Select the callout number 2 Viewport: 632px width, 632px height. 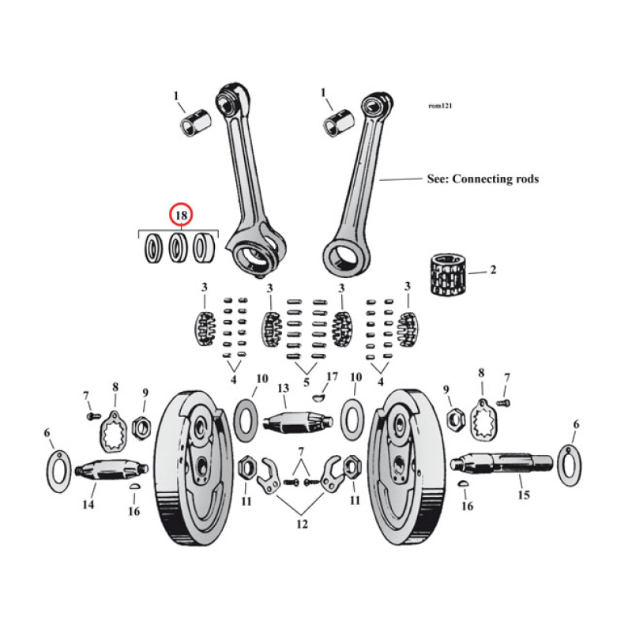click(493, 270)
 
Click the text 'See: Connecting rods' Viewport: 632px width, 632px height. click(482, 179)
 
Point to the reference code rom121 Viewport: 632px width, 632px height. click(440, 105)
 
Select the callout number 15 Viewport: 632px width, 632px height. click(523, 495)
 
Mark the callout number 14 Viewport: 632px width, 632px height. click(88, 505)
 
